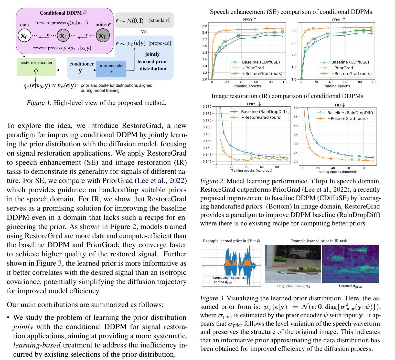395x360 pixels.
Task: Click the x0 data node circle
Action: [x=24, y=36]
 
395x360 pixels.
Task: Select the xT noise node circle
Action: [x=103, y=36]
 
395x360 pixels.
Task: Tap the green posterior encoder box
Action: [x=36, y=67]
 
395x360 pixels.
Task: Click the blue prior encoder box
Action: [x=111, y=69]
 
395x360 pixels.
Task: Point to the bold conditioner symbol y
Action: [x=80, y=70]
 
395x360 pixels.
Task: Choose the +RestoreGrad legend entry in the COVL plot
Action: [x=346, y=74]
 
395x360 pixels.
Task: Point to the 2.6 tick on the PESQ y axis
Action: [x=205, y=26]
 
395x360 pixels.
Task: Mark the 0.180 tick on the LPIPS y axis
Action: [x=207, y=106]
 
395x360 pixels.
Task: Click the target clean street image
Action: [x=293, y=264]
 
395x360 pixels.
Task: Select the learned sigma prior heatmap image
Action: [x=350, y=264]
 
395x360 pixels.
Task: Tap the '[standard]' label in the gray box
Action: [x=160, y=20]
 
